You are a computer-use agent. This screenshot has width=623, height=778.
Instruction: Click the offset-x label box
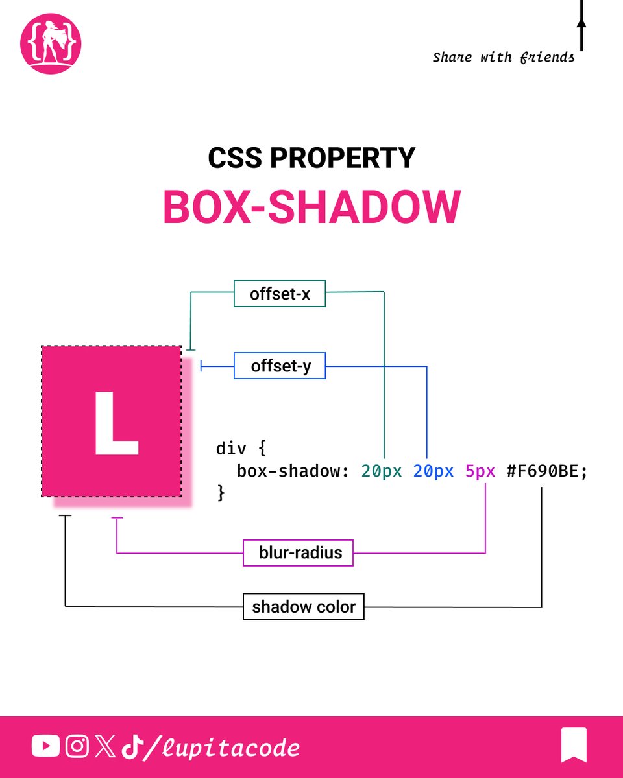click(x=279, y=294)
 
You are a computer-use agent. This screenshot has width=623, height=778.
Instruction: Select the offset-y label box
click(x=279, y=366)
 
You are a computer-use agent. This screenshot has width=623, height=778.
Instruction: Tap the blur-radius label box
click(x=298, y=553)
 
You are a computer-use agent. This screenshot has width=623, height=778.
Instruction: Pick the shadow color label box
click(x=303, y=607)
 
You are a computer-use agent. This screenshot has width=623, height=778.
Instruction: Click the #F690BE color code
click(x=546, y=471)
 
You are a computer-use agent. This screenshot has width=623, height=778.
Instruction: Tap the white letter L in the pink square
click(x=115, y=423)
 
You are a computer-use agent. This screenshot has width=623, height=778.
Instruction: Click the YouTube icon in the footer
click(x=45, y=747)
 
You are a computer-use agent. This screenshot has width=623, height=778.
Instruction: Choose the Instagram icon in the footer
click(x=77, y=747)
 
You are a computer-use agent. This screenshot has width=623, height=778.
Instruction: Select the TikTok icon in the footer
click(x=132, y=747)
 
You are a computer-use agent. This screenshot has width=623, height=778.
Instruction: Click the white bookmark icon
click(x=574, y=745)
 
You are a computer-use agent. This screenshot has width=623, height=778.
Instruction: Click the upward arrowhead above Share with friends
click(x=581, y=22)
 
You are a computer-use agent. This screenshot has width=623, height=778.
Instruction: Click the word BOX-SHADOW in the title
click(x=311, y=207)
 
